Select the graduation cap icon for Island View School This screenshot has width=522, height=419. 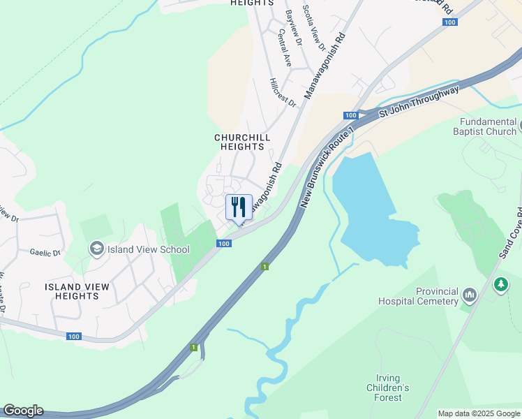(96, 249)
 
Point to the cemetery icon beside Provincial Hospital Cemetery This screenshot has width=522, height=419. (470, 296)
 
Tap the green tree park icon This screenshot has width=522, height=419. (500, 285)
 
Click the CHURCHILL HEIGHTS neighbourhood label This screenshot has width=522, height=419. (242, 142)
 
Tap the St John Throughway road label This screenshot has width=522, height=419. (419, 103)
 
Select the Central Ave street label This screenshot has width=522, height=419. (288, 47)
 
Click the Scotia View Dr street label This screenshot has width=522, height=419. (314, 29)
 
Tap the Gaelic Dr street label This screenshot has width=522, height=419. (45, 252)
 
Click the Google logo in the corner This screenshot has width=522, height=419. (23, 411)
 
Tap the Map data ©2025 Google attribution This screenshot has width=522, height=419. (479, 413)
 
